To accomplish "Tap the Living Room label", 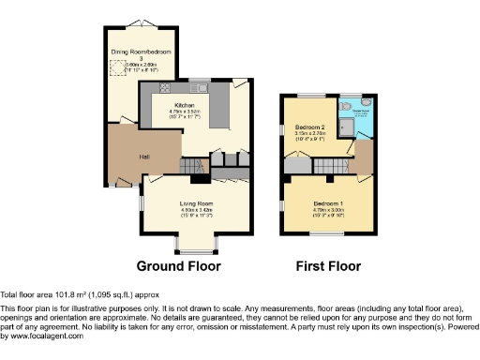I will (x=197, y=202).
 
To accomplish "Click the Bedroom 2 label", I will (x=309, y=127).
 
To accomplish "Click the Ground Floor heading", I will (x=179, y=266).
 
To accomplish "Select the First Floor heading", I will (x=328, y=266).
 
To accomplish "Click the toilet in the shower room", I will (x=367, y=105).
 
